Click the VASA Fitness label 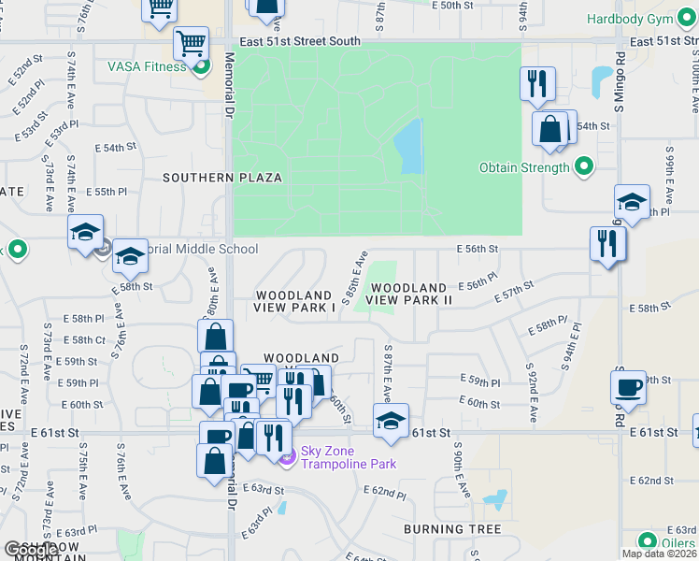click(148, 66)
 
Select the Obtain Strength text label click(523, 168)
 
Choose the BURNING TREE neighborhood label click(447, 529)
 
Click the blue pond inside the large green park click(409, 146)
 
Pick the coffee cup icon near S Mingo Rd click(628, 387)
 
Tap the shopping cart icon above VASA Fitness click(191, 43)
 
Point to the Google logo click(32, 550)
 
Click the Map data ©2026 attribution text click(658, 554)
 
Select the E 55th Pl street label click(106, 192)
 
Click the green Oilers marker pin click(648, 541)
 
